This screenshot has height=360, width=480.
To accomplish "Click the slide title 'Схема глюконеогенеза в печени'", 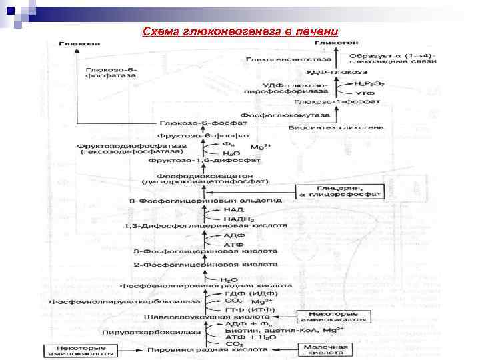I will click(240, 32).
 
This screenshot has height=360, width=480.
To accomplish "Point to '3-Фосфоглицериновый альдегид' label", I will click(207, 200).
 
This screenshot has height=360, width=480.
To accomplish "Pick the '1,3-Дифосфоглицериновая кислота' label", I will click(205, 227).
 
